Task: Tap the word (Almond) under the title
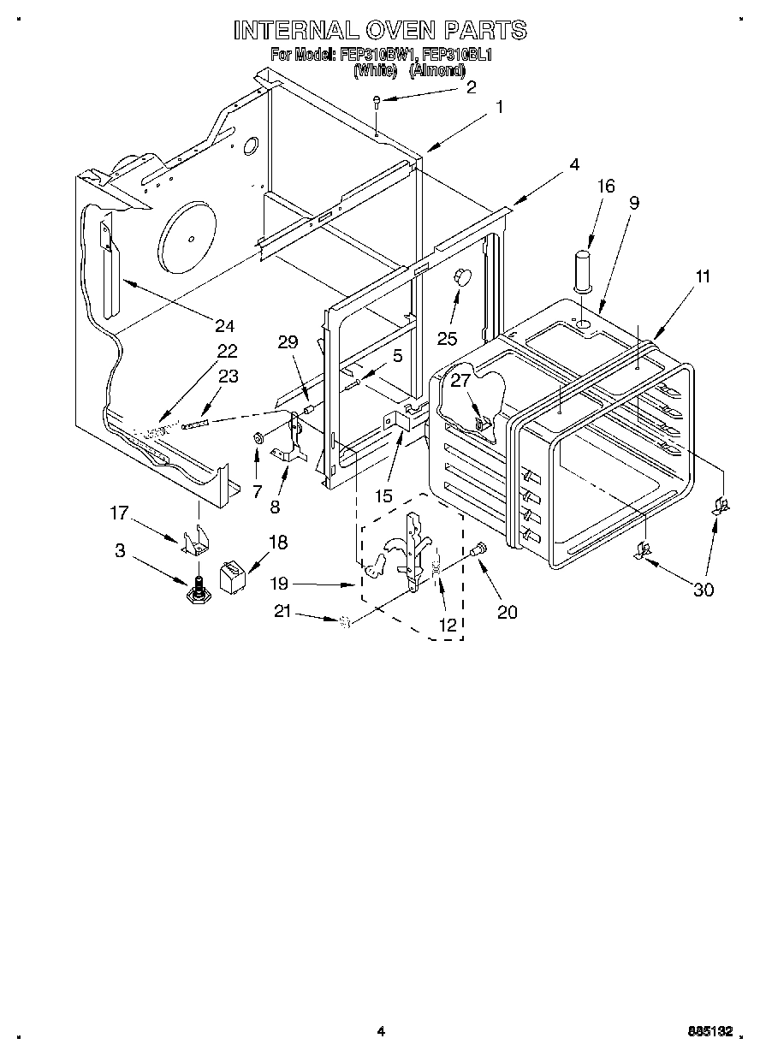(436, 70)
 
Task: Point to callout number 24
(225, 325)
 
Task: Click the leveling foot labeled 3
(198, 590)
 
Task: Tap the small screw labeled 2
(377, 104)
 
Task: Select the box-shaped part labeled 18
(230, 575)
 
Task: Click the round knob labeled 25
(463, 276)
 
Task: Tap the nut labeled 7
(257, 440)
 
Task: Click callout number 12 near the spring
(447, 625)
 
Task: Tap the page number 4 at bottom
(381, 1032)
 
